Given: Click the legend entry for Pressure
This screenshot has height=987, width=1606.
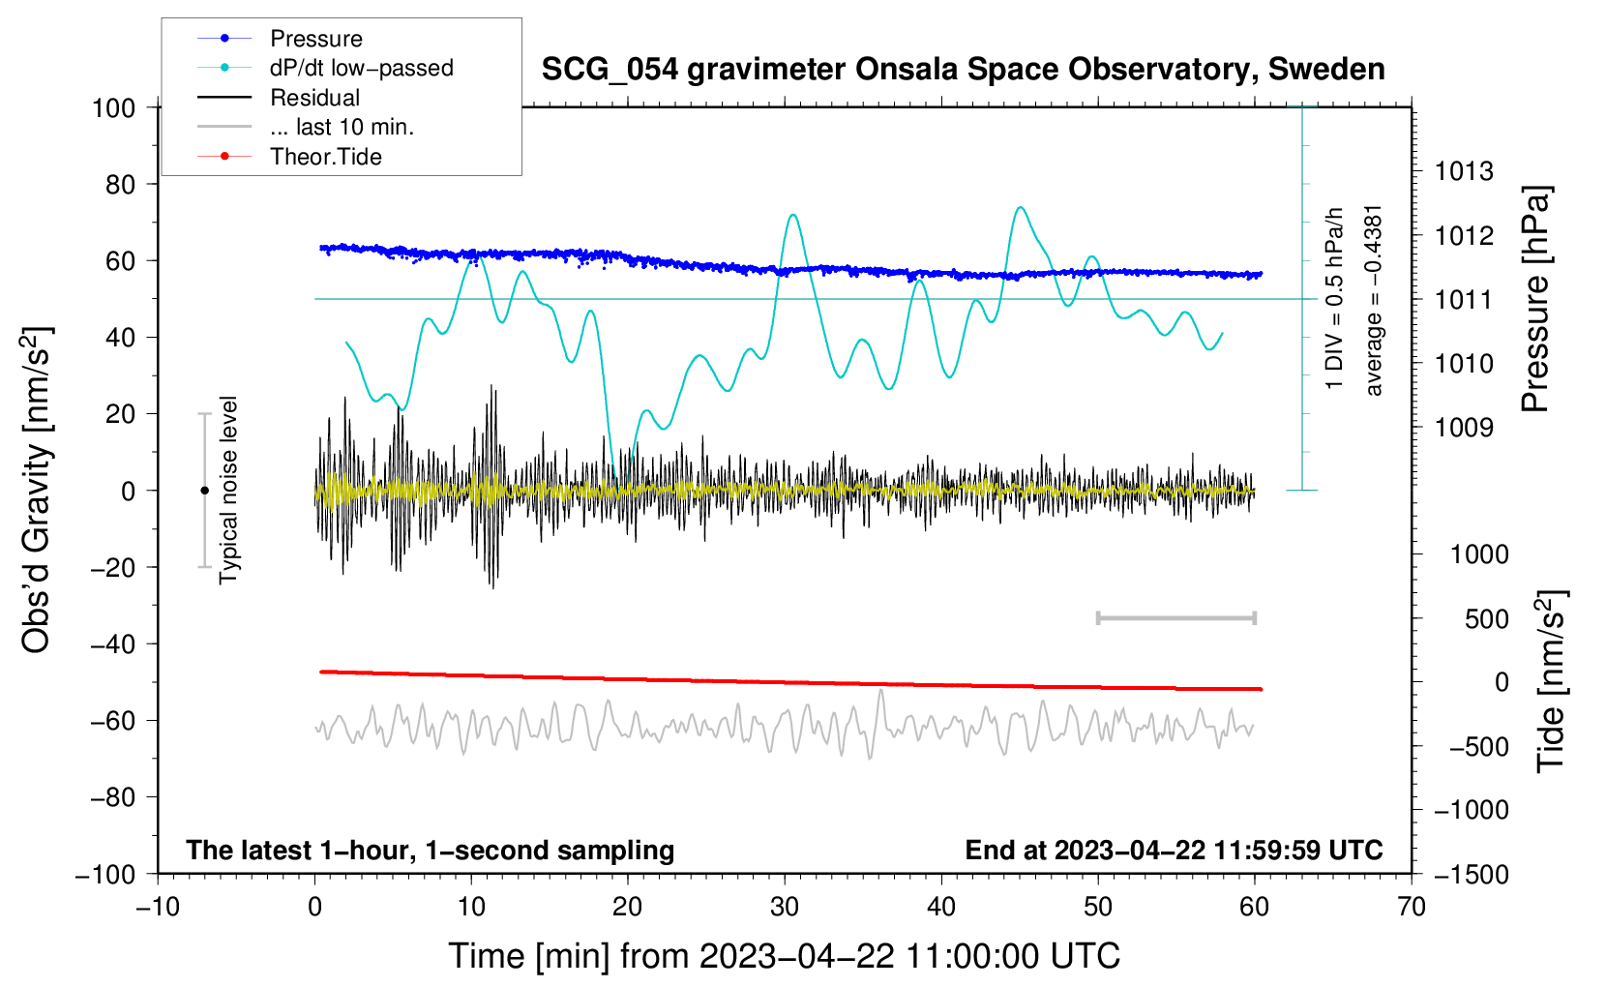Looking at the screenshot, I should (x=315, y=39).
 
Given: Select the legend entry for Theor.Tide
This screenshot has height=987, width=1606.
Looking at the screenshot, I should (x=325, y=157).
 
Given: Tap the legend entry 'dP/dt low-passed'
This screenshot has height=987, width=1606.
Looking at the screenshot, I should (x=361, y=68).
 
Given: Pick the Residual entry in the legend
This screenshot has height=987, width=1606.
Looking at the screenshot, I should (x=314, y=98).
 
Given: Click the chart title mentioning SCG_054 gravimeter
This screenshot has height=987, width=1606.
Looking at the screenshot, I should (x=963, y=70).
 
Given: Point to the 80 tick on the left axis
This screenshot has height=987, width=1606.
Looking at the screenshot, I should (x=113, y=184).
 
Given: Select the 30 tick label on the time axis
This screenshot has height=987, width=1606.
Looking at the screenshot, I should (x=785, y=907).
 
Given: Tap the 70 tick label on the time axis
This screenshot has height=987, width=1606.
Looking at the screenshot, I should (x=1412, y=907).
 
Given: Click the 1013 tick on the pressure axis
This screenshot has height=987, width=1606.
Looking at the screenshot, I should (x=1464, y=172).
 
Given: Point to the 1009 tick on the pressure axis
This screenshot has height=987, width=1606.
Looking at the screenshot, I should (x=1464, y=428).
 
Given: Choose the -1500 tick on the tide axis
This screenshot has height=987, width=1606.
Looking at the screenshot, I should (x=1472, y=875).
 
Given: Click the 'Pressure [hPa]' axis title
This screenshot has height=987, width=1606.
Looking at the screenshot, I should (x=1535, y=300).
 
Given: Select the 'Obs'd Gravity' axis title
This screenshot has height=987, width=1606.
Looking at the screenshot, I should (x=37, y=490).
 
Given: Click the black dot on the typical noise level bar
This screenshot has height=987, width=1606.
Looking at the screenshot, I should (x=204, y=491).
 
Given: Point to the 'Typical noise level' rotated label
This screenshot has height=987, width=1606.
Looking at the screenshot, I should (x=228, y=490).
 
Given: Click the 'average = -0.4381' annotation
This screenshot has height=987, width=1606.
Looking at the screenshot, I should (x=1374, y=300).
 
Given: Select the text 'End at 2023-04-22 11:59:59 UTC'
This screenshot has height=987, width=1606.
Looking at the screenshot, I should (x=1174, y=851).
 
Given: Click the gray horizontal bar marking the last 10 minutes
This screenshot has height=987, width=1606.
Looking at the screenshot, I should (x=1175, y=617).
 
